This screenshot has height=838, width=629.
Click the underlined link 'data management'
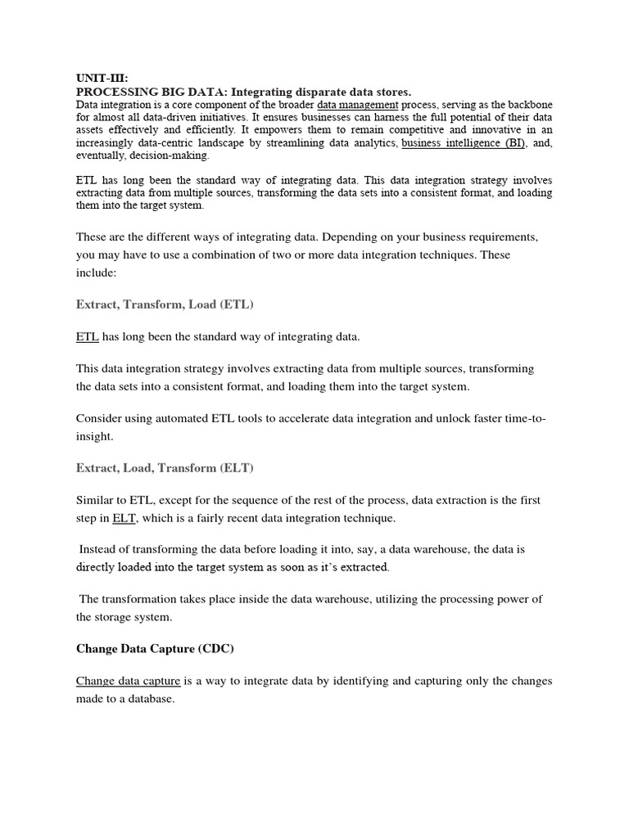click(357, 106)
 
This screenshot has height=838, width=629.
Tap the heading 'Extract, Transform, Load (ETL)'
click(165, 304)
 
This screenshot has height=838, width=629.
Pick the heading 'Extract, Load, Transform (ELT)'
click(165, 468)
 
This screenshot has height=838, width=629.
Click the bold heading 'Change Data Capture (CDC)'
click(155, 649)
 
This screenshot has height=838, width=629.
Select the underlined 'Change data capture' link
click(128, 681)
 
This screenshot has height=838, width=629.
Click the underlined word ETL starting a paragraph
click(87, 336)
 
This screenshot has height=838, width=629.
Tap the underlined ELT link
click(124, 518)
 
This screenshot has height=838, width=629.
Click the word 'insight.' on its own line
click(95, 437)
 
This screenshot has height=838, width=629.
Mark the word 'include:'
click(97, 273)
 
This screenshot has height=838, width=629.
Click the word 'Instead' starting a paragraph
click(100, 550)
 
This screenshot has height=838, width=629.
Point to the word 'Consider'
click(99, 418)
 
